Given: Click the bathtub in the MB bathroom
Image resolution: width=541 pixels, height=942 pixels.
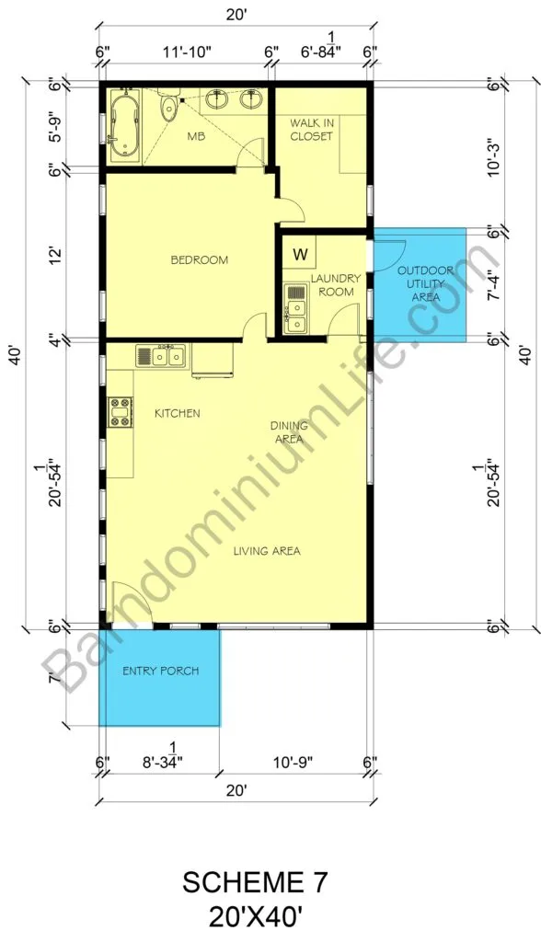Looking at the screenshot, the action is [x=125, y=126].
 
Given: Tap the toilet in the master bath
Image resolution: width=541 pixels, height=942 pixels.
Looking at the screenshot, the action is [x=169, y=105].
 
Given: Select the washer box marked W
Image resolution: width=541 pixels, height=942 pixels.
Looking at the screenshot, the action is [x=300, y=254].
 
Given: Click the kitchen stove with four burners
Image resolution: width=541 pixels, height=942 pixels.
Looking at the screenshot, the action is [x=120, y=411].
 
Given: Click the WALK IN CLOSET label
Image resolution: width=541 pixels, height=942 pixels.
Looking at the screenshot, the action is [x=311, y=130].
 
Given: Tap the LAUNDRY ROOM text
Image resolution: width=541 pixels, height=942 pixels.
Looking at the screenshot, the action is [x=336, y=285].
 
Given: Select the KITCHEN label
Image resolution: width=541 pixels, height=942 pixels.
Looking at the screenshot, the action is [x=178, y=413].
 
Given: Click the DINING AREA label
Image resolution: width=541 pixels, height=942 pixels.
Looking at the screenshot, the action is [x=289, y=432].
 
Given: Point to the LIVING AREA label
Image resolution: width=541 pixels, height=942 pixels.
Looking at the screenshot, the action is [x=267, y=551].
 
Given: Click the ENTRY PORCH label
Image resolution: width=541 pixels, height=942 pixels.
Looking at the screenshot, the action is [x=160, y=671].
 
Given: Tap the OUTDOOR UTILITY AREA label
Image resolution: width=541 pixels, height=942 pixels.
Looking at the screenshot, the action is [x=426, y=283].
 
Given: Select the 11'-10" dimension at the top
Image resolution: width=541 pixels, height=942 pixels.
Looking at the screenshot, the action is [x=188, y=52].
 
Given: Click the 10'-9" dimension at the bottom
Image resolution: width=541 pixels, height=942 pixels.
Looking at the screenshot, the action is [x=293, y=763].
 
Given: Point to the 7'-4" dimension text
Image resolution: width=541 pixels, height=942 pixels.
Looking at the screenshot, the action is [x=492, y=283].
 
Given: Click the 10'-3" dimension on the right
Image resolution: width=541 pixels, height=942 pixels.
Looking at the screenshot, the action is [x=494, y=157].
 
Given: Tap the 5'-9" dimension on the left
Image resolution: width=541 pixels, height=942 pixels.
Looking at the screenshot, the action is [x=54, y=127].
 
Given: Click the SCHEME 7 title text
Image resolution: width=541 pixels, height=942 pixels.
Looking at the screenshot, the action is [x=256, y=882].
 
